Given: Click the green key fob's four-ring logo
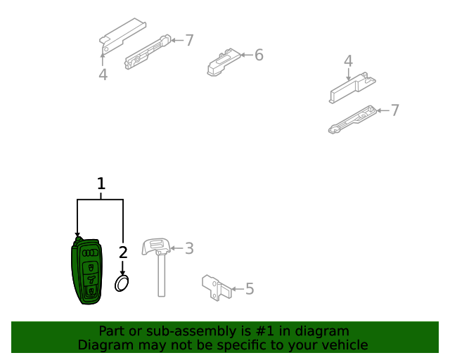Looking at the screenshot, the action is (x=90, y=253).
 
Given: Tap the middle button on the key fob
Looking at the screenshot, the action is (x=91, y=279).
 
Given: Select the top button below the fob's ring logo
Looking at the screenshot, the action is (x=91, y=268).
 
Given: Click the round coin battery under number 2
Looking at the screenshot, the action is (x=122, y=283).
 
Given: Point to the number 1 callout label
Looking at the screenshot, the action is (x=101, y=184).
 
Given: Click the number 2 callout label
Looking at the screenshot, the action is (x=123, y=252).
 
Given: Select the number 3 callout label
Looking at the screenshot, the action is (x=189, y=248).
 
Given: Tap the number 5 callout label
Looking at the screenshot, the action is (x=250, y=289).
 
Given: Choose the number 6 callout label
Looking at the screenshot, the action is (x=259, y=55).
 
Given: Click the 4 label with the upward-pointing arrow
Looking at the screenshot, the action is (x=103, y=75).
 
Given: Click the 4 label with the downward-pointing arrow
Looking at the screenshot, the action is (x=348, y=61).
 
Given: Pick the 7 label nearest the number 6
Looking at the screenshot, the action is (x=189, y=40).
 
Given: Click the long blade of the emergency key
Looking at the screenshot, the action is (x=161, y=275).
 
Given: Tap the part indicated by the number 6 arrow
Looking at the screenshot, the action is (x=224, y=63).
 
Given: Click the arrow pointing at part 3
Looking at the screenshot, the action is (x=176, y=248).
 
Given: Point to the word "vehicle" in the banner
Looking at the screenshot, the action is (x=349, y=345).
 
